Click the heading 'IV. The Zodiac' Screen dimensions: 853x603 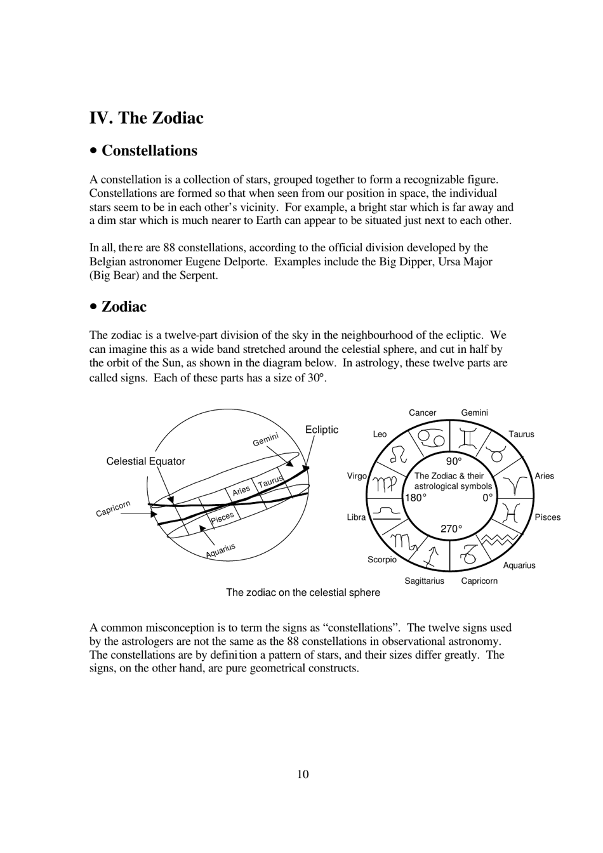tap(147, 118)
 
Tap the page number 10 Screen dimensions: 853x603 tap(303, 774)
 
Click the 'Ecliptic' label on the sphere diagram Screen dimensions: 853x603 tap(322, 430)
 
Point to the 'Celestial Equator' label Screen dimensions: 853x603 tap(145, 461)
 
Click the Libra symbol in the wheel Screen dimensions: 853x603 tap(386, 513)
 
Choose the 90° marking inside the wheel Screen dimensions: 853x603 tap(453, 461)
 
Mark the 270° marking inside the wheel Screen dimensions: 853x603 tap(451, 529)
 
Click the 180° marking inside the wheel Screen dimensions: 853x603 tap(416, 498)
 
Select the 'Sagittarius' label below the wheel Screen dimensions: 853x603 tap(424, 581)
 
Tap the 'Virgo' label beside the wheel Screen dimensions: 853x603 tap(357, 476)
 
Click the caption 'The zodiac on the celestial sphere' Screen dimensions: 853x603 tap(303, 592)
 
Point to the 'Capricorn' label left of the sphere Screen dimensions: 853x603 tap(113, 508)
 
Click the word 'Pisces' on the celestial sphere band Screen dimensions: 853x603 tap(222, 517)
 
